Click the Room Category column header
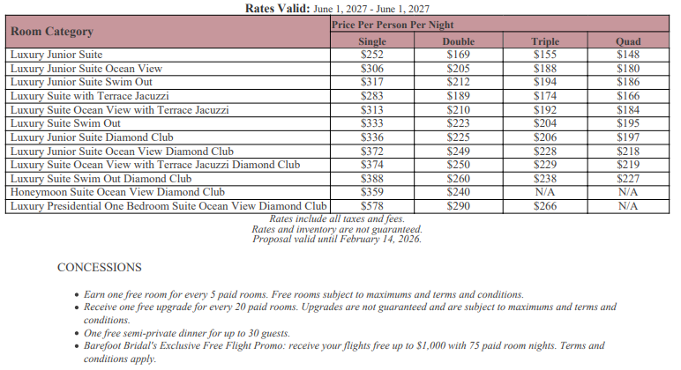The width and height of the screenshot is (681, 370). (x=52, y=32)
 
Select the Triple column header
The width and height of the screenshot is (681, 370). (x=545, y=41)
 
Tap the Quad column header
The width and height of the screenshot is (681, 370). (x=628, y=41)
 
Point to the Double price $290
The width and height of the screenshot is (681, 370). (x=458, y=206)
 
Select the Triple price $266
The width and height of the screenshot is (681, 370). (x=545, y=206)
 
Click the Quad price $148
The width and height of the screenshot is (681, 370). (x=628, y=55)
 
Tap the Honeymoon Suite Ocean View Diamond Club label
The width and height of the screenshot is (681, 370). (x=117, y=192)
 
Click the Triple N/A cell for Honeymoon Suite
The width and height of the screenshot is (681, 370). (x=545, y=192)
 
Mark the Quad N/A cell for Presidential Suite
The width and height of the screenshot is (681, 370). (x=628, y=206)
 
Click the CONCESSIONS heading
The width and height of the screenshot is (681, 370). (x=99, y=267)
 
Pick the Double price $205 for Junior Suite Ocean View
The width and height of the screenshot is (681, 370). (x=458, y=69)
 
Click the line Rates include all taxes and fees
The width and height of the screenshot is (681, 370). (x=337, y=218)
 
